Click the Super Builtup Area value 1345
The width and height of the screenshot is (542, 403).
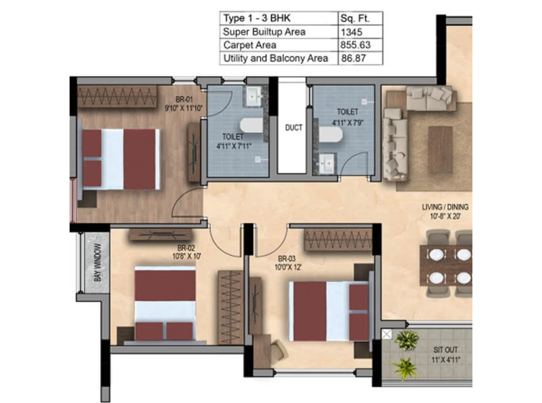point(351,32)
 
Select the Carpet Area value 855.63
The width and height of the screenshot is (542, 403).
point(355,45)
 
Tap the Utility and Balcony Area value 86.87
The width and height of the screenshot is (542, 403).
point(353,58)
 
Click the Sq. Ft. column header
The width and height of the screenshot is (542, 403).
point(355,19)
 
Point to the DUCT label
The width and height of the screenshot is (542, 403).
point(294,128)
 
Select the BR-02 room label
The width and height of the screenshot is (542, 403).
point(186,248)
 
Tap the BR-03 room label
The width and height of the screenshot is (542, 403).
point(287,259)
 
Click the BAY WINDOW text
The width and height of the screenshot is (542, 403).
point(97,262)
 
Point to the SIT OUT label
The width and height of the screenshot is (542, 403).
point(445,350)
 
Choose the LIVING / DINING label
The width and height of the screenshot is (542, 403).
point(445,207)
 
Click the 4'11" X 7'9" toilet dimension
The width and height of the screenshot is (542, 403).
point(348,122)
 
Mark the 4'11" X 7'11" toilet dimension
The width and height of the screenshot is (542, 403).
point(234,146)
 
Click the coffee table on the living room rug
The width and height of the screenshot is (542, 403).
point(440,150)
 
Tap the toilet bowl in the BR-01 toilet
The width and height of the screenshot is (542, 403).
point(251,126)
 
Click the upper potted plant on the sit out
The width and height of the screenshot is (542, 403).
point(406,340)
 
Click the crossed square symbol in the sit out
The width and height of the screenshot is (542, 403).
point(387,334)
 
